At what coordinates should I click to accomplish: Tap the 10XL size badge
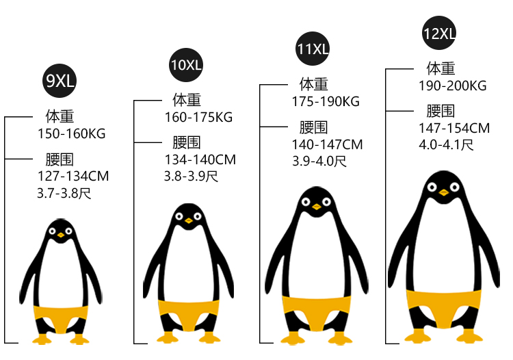186,66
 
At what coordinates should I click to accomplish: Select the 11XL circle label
313,49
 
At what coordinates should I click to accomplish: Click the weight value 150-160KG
72,133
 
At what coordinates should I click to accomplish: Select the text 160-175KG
198,117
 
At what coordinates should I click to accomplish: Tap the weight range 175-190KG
326,101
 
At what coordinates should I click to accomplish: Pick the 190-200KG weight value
452,86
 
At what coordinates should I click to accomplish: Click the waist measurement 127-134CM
73,177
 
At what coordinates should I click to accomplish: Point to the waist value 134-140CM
200,159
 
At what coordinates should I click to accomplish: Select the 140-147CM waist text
327,144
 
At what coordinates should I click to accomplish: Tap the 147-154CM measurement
454,128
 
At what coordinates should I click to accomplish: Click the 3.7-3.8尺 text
64,193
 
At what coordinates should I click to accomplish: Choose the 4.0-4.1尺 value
445,144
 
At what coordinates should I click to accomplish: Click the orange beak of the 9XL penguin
61,235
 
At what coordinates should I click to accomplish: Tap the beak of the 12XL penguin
444,192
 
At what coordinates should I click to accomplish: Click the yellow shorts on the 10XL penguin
186,309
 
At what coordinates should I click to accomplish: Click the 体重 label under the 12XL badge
440,68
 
